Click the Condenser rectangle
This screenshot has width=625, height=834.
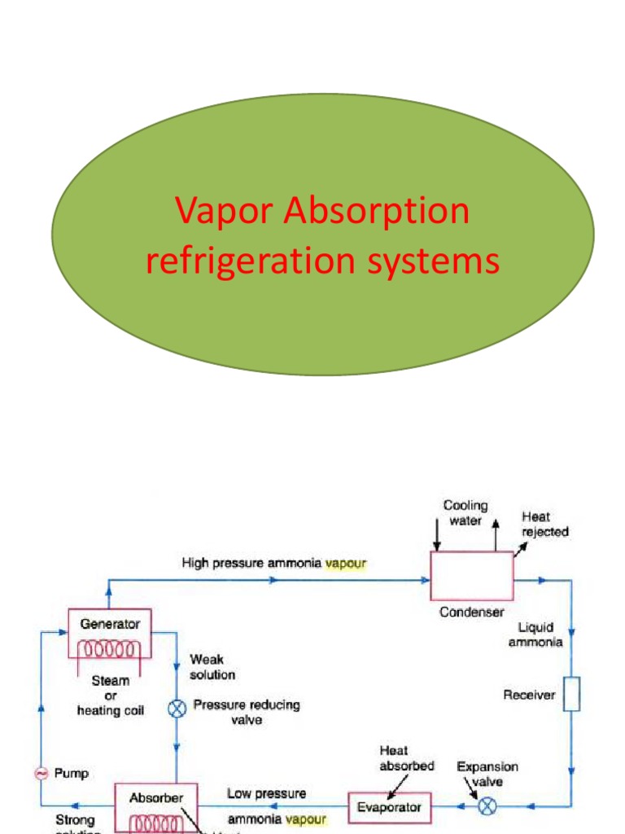[x=471, y=575]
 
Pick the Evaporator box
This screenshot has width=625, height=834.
[x=389, y=807]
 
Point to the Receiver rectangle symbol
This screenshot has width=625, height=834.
[x=572, y=694]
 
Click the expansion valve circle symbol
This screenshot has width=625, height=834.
[x=487, y=806]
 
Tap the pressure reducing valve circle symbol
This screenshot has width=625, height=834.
[x=177, y=708]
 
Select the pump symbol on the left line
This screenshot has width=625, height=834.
[x=41, y=774]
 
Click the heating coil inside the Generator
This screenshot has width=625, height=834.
[x=110, y=650]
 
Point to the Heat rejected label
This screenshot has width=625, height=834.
[x=544, y=524]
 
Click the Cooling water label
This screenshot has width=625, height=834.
[x=465, y=513]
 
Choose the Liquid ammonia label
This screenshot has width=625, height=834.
[x=535, y=634]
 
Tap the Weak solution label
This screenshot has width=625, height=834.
[x=212, y=666]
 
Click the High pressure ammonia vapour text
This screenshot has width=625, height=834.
[x=274, y=562]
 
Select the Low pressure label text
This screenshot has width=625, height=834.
[x=267, y=793]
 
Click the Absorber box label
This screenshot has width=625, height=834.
[x=156, y=798]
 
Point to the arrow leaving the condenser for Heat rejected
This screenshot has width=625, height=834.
[x=519, y=546]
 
